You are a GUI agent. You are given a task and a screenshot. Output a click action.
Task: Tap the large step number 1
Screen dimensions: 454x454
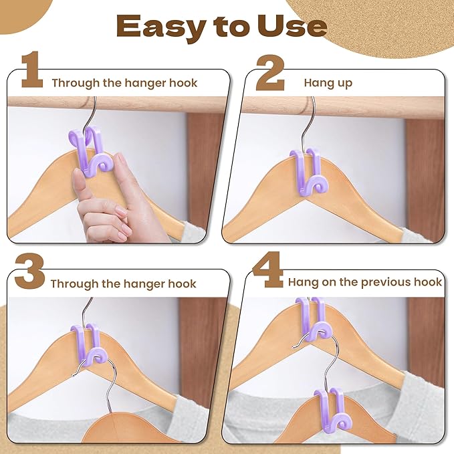(31, 72)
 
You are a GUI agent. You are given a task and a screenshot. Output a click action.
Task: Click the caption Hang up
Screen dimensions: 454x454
(328, 83)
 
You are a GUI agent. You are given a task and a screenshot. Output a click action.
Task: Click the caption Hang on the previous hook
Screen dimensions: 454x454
(365, 281)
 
